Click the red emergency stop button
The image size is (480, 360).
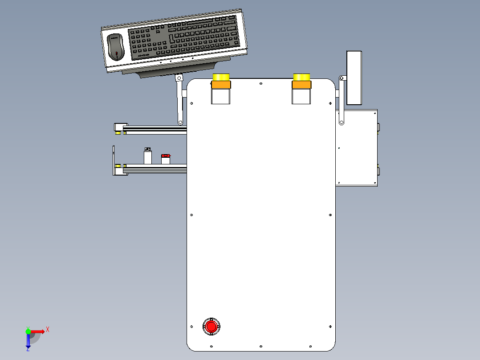click(x=211, y=327)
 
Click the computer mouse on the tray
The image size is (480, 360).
click(x=115, y=47)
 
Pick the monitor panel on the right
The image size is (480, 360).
click(x=354, y=78)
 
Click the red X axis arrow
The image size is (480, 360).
click(x=37, y=331)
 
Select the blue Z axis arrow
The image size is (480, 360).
click(x=28, y=341)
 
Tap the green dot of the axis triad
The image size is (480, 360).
click(x=28, y=331)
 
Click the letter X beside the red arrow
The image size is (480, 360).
click(x=48, y=330)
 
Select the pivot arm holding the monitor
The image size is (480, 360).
click(x=342, y=100)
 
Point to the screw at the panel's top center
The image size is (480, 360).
click(x=261, y=83)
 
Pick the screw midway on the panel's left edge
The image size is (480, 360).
click(x=191, y=215)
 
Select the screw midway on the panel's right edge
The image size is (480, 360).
click(x=330, y=215)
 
